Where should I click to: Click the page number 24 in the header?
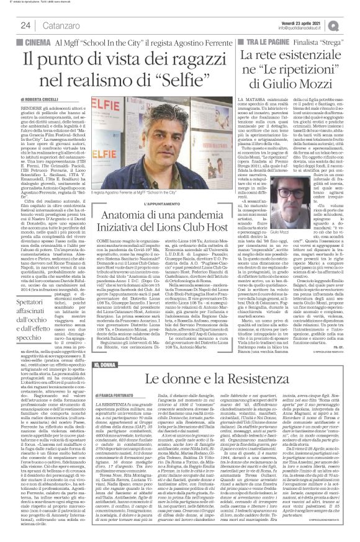[26, 24]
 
